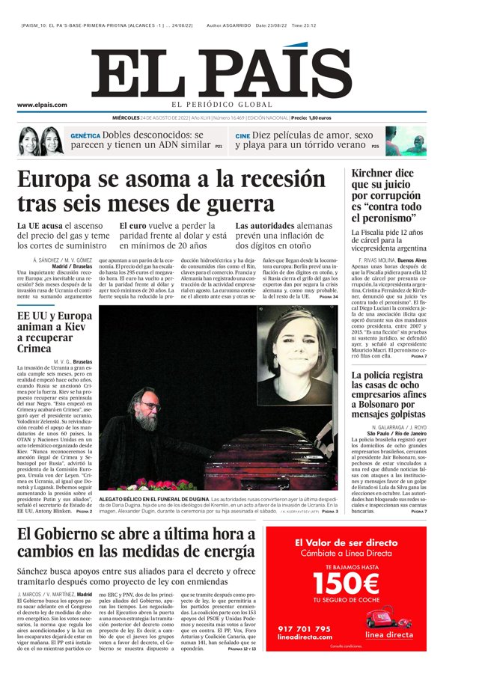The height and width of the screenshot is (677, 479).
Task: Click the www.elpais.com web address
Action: pos(42,105)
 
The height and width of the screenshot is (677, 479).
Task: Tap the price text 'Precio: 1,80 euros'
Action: pos(311,118)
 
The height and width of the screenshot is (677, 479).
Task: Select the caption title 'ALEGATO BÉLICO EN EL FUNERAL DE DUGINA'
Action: pos(154,498)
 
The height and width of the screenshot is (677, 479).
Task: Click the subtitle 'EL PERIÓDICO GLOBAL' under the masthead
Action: pos(222,105)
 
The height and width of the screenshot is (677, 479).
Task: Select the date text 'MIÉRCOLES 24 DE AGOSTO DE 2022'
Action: pos(150,118)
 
